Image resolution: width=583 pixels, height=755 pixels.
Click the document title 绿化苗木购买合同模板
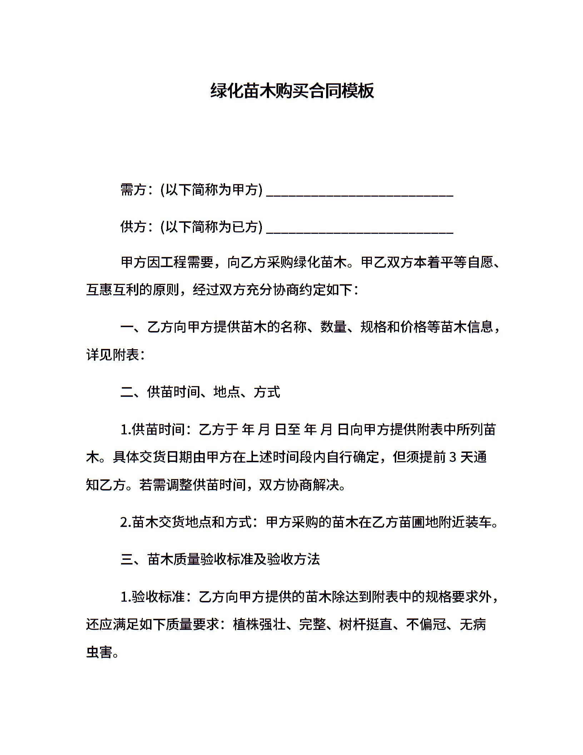[x=292, y=91]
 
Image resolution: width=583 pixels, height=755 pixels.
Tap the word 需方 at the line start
[x=133, y=190]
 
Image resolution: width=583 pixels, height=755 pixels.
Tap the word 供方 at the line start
[x=133, y=227]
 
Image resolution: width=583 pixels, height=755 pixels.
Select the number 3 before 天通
[x=452, y=457]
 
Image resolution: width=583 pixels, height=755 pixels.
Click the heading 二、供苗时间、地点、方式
[x=200, y=393]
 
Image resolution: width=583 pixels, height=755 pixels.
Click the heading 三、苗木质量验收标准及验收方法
[x=220, y=559]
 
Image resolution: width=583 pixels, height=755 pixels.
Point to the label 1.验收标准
[x=152, y=597]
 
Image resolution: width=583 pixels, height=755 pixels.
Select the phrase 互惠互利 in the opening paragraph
[x=113, y=290]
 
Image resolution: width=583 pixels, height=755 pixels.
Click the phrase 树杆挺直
[x=366, y=625]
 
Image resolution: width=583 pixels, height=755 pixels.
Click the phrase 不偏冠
[x=426, y=625]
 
